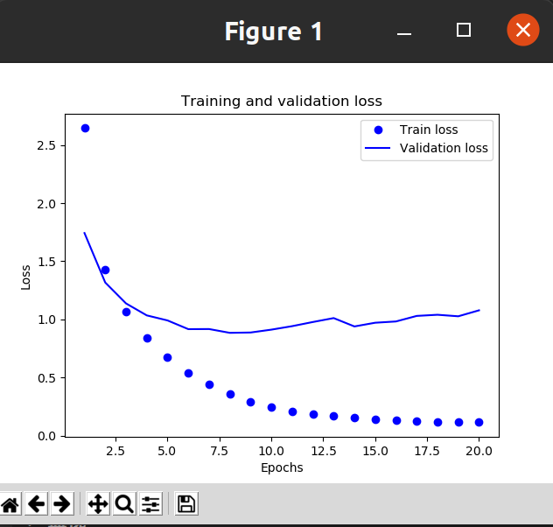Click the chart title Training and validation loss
coord(281,102)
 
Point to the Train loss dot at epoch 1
coord(85,128)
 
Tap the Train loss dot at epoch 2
coord(105,270)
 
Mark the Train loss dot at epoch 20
coord(479,422)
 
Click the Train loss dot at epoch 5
coord(167,357)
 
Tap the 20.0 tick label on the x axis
coord(479,452)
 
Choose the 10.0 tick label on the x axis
coord(271,452)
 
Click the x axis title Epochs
coord(282,467)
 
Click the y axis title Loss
coord(26,278)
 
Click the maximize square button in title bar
coord(464,31)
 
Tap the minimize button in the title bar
coord(404,32)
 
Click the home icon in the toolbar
coord(10,503)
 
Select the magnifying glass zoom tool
coord(124,503)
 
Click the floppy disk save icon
coord(186,503)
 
